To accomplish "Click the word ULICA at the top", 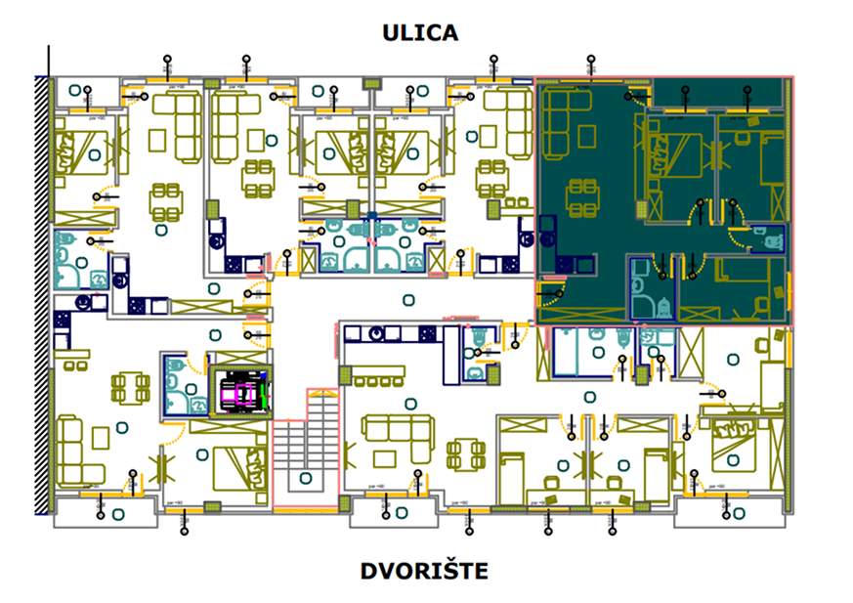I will [x=420, y=32].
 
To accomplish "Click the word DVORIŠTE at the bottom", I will [x=423, y=571].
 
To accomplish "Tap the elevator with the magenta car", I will [x=242, y=394].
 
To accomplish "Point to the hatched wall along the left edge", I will [x=42, y=293].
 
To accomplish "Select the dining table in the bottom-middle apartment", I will [x=467, y=452].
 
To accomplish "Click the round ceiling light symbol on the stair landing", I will [x=307, y=478].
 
